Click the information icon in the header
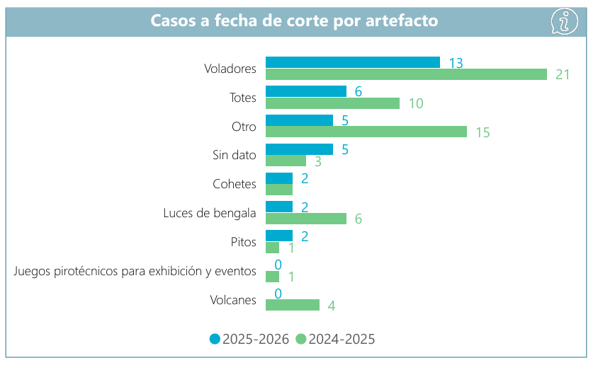coord(564,21)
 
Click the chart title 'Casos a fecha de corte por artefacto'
coord(294,21)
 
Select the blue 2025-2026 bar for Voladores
coord(352,62)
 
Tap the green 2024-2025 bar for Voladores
coord(406,74)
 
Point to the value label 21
coord(563,74)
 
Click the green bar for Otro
coord(366,132)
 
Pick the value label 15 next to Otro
coord(483,132)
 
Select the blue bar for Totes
coord(305,91)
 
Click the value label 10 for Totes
coord(415,103)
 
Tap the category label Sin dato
coord(234,155)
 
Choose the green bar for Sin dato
coord(286,161)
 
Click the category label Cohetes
coord(234,184)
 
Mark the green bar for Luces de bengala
coord(305,219)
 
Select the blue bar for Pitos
coord(278,236)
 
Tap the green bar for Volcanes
coord(292,305)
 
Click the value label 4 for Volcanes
coord(331,306)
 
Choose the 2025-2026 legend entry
coord(249,339)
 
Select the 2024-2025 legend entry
coord(334,339)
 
